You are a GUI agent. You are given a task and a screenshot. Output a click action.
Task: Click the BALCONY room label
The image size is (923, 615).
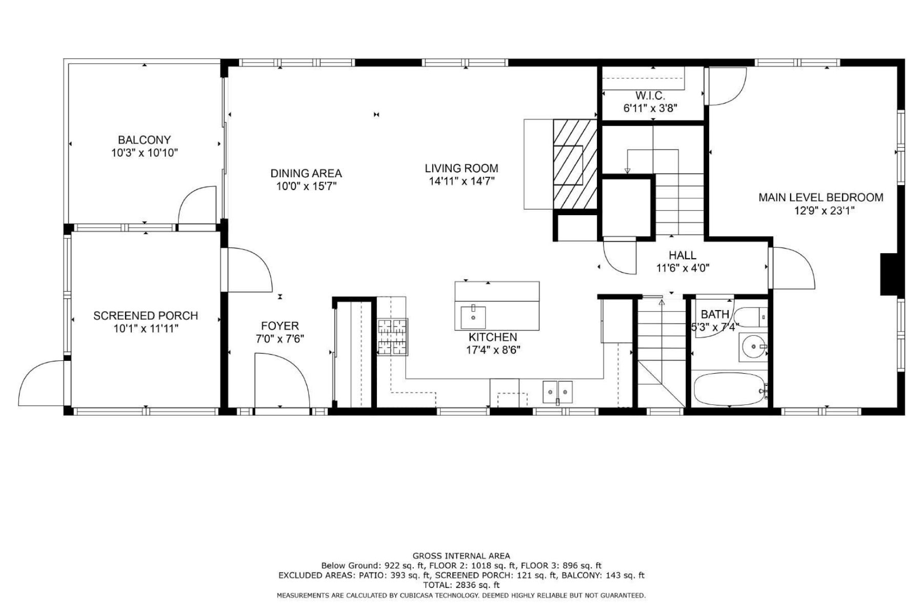(x=144, y=140)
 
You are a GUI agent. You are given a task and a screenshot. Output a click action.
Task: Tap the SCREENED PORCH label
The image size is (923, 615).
(x=146, y=316)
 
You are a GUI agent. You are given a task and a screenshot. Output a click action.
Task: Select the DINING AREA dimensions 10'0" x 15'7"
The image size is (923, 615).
(x=306, y=186)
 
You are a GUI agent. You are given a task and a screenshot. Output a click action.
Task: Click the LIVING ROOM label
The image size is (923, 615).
(x=461, y=168)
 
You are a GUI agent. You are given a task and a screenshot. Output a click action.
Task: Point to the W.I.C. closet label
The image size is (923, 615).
(x=650, y=96)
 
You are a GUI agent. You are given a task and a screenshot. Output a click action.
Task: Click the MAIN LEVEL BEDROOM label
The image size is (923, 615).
(x=820, y=197)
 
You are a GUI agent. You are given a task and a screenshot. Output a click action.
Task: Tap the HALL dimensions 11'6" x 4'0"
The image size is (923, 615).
(x=683, y=268)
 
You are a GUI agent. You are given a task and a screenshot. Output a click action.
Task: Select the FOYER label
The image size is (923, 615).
(x=280, y=326)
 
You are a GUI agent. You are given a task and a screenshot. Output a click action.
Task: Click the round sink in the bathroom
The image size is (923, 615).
(x=753, y=347)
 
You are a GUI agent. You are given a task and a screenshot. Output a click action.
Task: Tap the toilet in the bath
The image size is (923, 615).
(x=750, y=317)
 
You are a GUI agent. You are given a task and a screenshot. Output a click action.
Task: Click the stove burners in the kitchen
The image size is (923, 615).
(x=393, y=337)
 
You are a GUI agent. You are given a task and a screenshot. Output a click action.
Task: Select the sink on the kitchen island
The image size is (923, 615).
(x=473, y=317)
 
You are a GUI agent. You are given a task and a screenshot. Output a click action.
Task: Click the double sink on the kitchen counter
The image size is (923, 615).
(x=558, y=392)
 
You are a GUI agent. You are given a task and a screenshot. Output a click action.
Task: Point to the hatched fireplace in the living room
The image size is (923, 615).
(x=575, y=164)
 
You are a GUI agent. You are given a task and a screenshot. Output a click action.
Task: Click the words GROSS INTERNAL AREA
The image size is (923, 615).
(x=461, y=556)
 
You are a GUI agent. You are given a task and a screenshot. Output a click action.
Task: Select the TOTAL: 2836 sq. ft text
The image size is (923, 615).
(x=461, y=585)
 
